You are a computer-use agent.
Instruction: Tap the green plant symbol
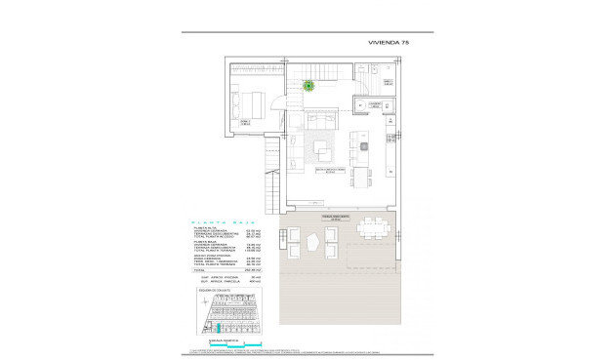pyautogui.click(x=309, y=86)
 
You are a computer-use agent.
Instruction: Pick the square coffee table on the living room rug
pyautogui.click(x=323, y=150)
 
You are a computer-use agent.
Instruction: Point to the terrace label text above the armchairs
pyautogui.click(x=322, y=217)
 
